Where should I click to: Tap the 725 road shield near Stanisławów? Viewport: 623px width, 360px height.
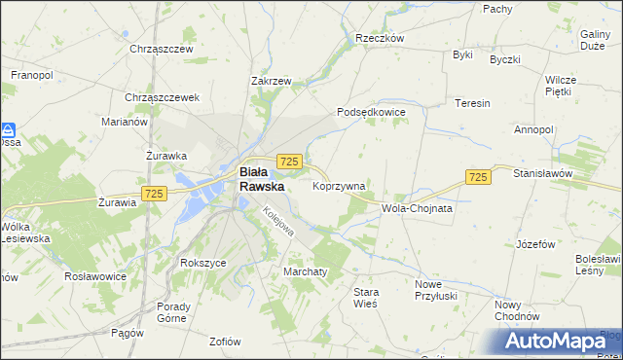(x=477, y=176)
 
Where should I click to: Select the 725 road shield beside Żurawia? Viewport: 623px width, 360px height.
(x=153, y=194)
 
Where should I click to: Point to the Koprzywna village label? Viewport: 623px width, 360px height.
(x=339, y=185)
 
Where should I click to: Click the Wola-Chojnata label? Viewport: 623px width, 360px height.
(x=419, y=208)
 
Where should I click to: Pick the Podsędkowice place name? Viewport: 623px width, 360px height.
(x=371, y=113)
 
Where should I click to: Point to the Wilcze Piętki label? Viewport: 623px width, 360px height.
(x=562, y=86)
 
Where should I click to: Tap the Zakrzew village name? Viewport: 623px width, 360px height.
(x=271, y=82)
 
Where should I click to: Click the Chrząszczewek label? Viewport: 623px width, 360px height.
(x=162, y=97)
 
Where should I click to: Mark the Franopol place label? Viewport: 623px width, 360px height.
(x=31, y=74)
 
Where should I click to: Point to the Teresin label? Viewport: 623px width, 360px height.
(x=472, y=103)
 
